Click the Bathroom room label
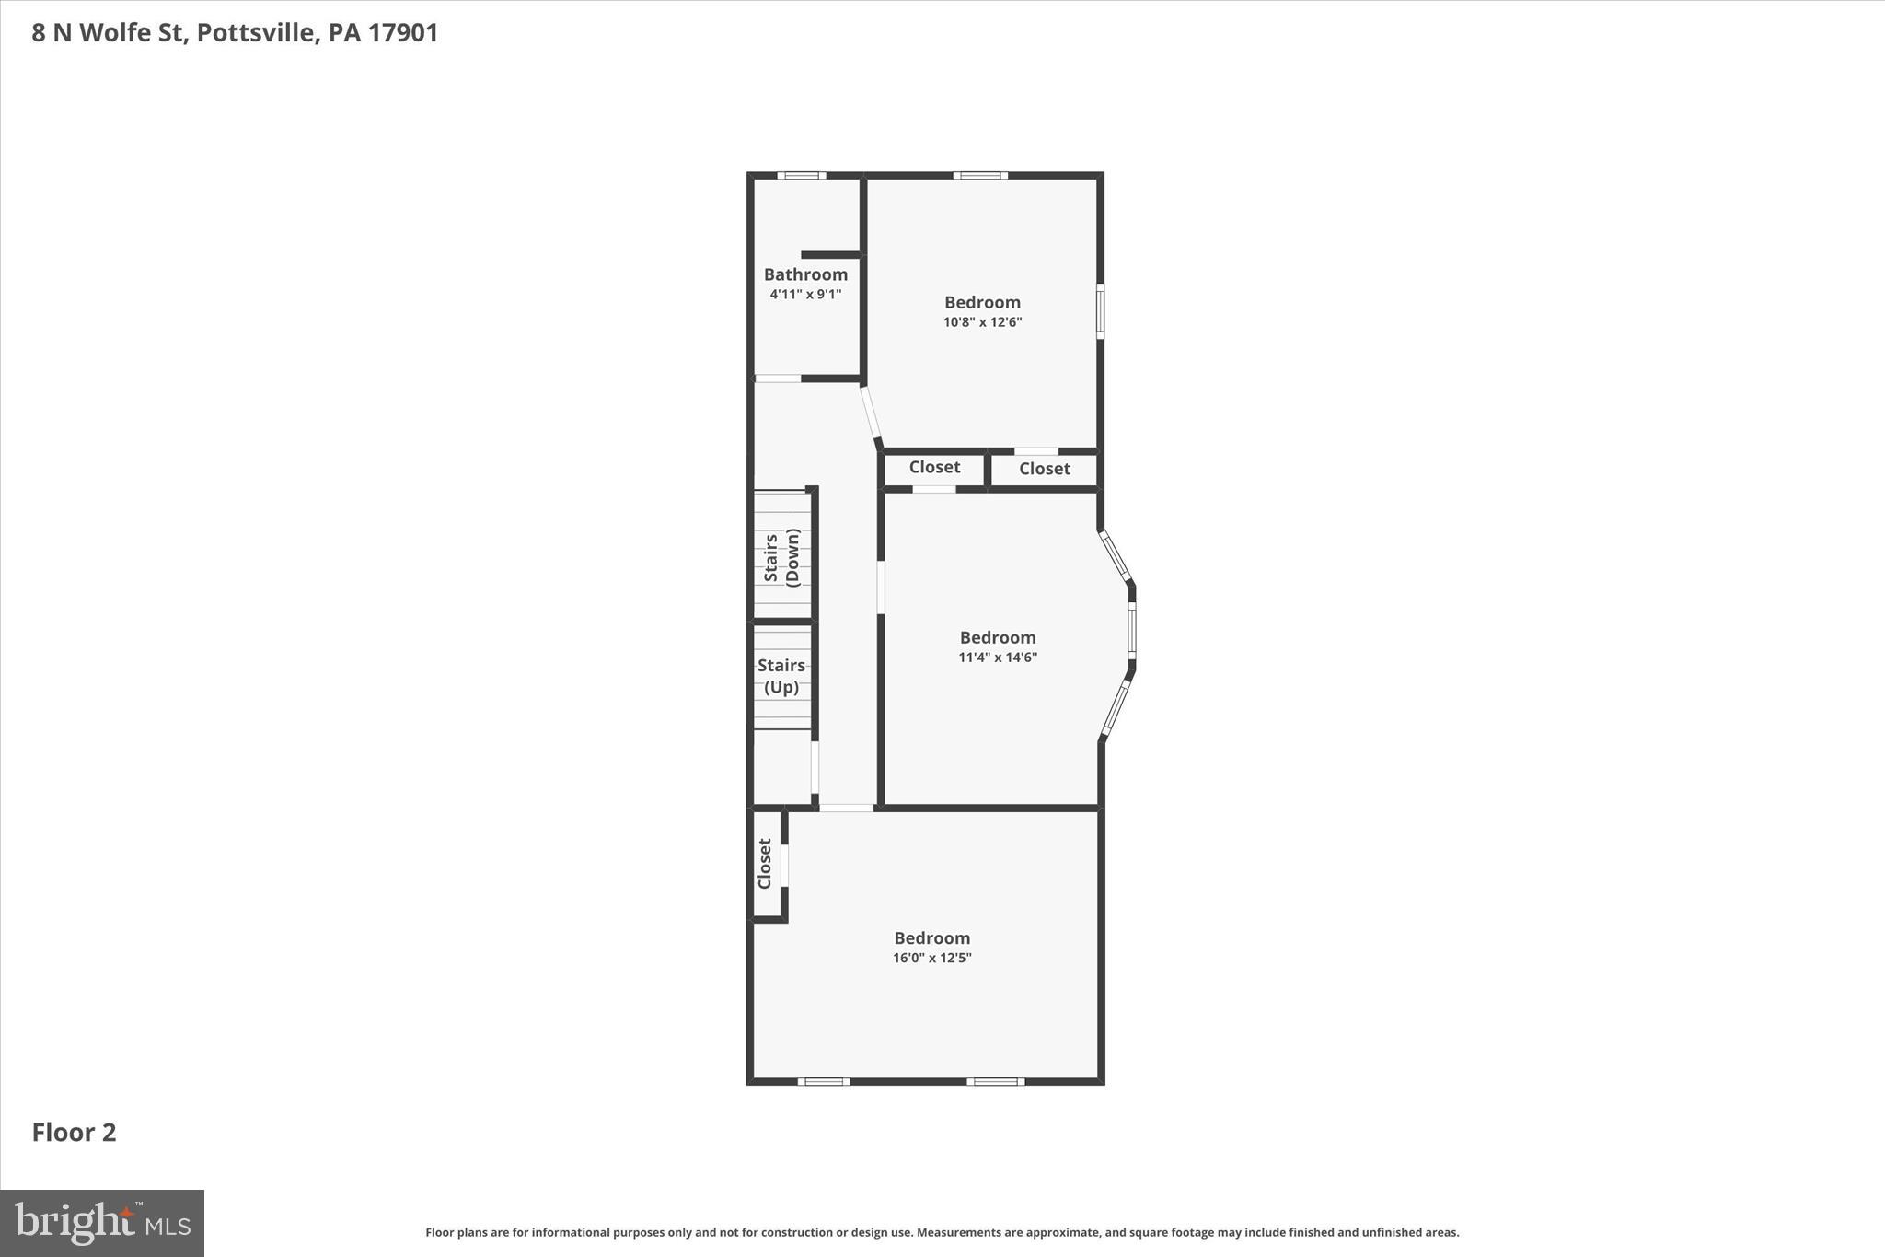(805, 274)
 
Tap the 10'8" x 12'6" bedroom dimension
(982, 322)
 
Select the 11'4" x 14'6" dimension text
(998, 658)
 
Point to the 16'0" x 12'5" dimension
(931, 958)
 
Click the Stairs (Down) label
(781, 558)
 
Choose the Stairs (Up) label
(781, 676)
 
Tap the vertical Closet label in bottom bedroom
(764, 864)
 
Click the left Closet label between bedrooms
(934, 467)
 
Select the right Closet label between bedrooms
(1044, 469)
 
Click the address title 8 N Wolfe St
(235, 33)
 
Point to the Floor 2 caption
(75, 1133)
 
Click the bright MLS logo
(102, 1223)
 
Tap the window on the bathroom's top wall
(801, 176)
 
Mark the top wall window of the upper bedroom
(979, 176)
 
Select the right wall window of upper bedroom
(1100, 311)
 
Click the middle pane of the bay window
(1132, 631)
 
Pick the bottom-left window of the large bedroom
(823, 1081)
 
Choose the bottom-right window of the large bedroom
(995, 1081)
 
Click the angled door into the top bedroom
(871, 416)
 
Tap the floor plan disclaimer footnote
(942, 1232)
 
